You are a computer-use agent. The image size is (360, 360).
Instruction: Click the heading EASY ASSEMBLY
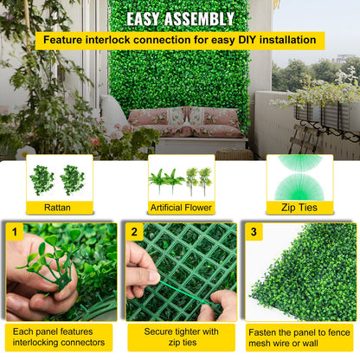(180, 19)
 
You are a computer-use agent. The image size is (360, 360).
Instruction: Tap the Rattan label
(59, 208)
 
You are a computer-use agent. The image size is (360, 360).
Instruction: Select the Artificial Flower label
(180, 208)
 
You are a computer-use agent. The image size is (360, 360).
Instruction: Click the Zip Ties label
(299, 208)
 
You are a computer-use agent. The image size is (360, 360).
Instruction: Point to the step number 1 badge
(14, 233)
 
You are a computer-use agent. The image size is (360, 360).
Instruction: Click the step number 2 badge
(134, 233)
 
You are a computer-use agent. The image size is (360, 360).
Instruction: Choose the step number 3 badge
(253, 233)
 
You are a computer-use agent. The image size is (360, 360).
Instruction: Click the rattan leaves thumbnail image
(59, 178)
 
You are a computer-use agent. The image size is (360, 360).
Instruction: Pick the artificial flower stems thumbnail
(180, 178)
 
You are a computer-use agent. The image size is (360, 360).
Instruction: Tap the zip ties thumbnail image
(299, 177)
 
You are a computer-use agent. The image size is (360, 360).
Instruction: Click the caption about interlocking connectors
(59, 337)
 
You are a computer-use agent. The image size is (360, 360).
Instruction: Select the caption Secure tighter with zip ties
(181, 337)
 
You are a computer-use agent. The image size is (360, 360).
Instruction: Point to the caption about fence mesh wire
(299, 337)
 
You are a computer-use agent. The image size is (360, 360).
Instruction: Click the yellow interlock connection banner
(180, 40)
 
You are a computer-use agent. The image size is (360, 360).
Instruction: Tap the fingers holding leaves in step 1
(39, 281)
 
